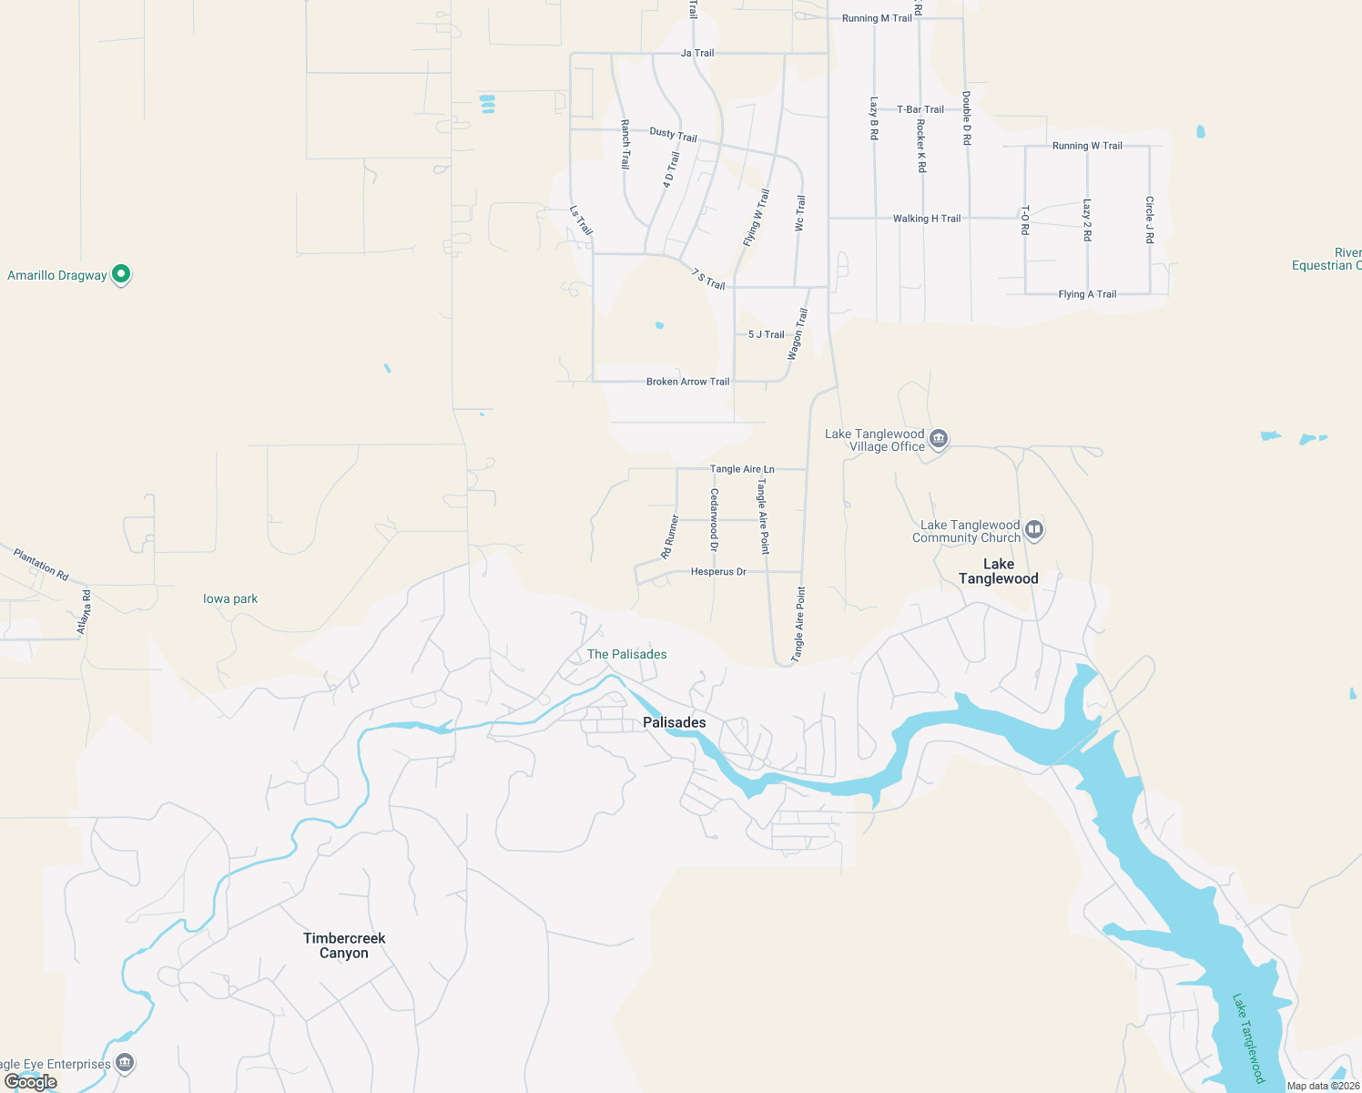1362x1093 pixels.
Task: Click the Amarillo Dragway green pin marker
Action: tap(120, 274)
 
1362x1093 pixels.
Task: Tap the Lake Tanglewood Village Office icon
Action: tap(939, 440)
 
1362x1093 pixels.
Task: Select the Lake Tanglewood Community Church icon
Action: tap(1033, 530)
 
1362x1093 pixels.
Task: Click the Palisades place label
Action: tap(674, 722)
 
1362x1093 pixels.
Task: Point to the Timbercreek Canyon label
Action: tap(344, 945)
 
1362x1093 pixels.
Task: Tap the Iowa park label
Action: tap(230, 598)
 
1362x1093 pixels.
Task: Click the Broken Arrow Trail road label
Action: tap(687, 382)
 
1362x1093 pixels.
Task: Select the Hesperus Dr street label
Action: tap(718, 572)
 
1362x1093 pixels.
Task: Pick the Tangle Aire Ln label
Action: tap(742, 469)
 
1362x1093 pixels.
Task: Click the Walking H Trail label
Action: tap(926, 219)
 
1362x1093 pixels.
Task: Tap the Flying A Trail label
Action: tap(1087, 294)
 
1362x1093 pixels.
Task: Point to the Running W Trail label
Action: tap(1087, 146)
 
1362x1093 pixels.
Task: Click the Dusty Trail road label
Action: tap(673, 135)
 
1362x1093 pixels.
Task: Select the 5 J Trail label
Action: tap(766, 334)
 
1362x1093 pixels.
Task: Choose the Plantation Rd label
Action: tap(42, 564)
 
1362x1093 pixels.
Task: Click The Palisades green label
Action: tap(626, 654)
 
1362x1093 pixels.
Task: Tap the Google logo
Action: tap(31, 1082)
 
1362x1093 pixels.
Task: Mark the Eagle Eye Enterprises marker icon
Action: tap(125, 1063)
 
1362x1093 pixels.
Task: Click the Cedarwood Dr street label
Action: tap(714, 520)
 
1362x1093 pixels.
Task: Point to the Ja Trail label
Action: tap(697, 53)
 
